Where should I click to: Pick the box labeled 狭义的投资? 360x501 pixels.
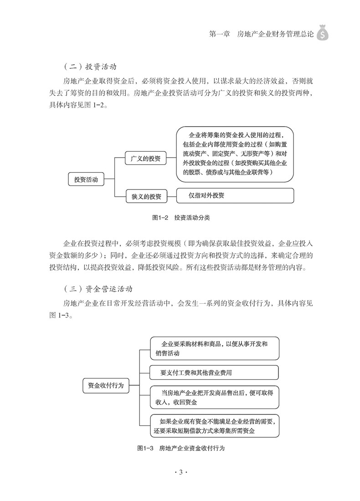146,197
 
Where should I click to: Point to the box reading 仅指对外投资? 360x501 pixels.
235,196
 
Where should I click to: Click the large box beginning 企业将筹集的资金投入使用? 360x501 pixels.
235,153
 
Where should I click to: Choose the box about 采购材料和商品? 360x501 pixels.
214,348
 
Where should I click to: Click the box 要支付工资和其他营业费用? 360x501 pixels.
214,373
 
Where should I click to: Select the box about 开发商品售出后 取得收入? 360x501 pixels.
214,397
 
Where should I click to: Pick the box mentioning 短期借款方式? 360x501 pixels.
214,425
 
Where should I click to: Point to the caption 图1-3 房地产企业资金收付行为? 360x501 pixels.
181,448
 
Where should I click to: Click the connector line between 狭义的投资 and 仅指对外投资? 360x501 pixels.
171,197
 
